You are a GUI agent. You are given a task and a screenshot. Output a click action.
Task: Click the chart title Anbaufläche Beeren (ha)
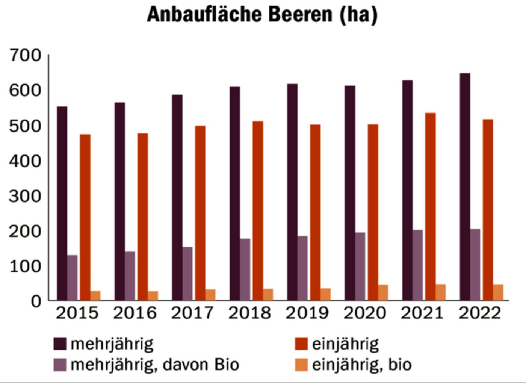(262, 15)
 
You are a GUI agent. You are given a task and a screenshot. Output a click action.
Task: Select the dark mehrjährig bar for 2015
(62, 203)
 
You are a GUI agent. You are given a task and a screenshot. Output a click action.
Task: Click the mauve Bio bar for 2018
(245, 269)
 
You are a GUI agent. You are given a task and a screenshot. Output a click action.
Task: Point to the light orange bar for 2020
(383, 292)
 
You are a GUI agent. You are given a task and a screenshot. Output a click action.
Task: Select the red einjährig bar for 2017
(200, 213)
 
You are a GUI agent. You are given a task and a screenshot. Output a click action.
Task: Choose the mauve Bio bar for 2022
(475, 264)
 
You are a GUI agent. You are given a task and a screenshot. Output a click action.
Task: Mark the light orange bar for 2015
(95, 295)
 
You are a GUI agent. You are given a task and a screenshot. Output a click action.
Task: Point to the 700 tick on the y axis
(26, 55)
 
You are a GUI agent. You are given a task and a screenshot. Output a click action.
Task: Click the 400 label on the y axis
(26, 161)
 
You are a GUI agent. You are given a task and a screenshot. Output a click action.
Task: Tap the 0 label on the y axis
(36, 301)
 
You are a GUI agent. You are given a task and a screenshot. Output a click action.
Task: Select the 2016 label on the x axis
(135, 313)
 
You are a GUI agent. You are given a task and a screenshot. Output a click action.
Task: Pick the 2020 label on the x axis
(365, 313)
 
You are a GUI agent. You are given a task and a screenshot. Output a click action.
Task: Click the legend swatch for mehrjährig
(60, 344)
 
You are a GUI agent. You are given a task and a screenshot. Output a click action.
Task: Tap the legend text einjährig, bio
(362, 365)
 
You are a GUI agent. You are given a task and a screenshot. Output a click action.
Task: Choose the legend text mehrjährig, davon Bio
(155, 365)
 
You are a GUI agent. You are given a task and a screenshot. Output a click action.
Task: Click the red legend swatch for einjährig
(301, 344)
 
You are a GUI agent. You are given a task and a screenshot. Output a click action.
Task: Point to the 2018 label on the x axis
(249, 313)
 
